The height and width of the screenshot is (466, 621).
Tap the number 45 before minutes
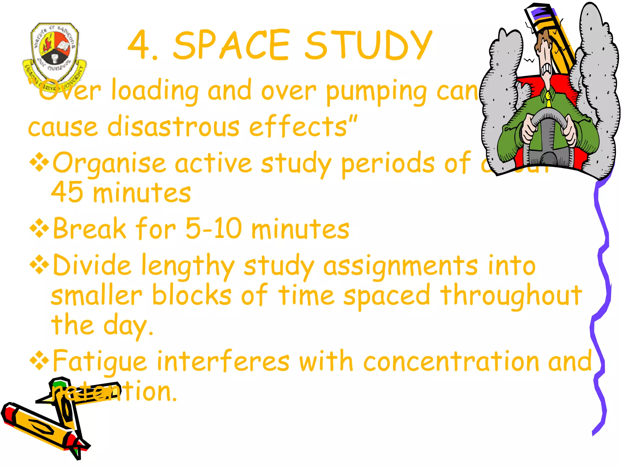(x=67, y=192)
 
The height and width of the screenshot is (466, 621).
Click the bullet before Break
(x=39, y=228)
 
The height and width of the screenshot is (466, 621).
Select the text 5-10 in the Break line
(x=214, y=228)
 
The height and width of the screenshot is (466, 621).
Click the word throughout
(x=511, y=295)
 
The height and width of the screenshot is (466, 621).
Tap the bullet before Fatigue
(x=39, y=360)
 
